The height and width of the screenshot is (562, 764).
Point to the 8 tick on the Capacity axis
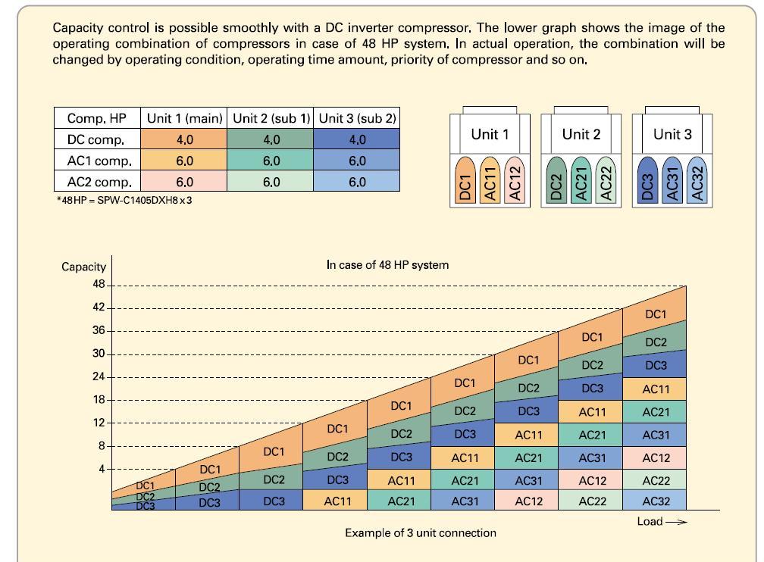click(x=101, y=446)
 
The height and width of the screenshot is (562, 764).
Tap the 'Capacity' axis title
click(x=83, y=267)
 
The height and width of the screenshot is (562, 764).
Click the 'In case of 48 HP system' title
click(x=387, y=265)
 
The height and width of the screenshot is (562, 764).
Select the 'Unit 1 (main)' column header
click(x=185, y=118)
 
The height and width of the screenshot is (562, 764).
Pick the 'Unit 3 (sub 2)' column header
click(x=357, y=118)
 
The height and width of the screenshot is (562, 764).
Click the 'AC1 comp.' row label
click(x=99, y=161)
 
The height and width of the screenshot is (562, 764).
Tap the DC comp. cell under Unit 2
click(x=271, y=139)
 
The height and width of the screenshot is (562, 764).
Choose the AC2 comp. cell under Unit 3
click(x=357, y=182)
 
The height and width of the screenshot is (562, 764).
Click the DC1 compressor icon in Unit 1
click(x=465, y=181)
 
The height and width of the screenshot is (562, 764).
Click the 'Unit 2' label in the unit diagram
click(x=581, y=134)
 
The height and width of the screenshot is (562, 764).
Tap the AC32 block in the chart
click(x=656, y=501)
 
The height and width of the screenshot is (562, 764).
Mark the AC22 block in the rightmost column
click(x=656, y=480)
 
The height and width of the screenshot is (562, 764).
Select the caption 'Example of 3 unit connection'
click(x=421, y=532)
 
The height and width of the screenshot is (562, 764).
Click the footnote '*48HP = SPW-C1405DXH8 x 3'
click(x=124, y=200)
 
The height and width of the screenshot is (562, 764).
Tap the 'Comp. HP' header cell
click(x=96, y=118)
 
